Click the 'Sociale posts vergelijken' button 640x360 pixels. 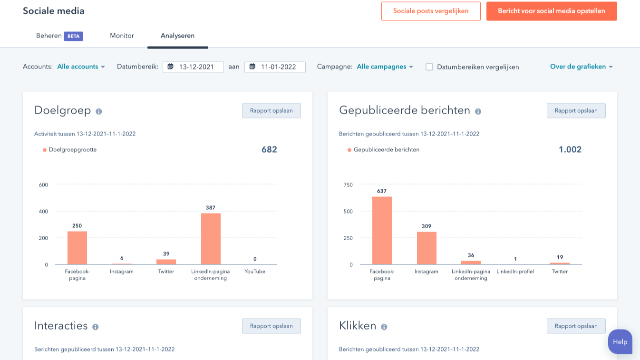[x=431, y=11]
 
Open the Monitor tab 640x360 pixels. [x=122, y=36]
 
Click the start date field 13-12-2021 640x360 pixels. [x=193, y=67]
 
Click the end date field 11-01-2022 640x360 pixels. [x=275, y=67]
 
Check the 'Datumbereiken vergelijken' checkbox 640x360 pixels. [x=429, y=67]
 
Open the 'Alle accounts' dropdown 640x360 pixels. [x=81, y=67]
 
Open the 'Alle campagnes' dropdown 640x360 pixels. [x=385, y=67]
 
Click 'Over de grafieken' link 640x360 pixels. [x=581, y=67]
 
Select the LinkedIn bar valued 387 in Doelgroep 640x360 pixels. [x=211, y=239]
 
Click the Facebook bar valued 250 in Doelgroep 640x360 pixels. [x=77, y=248]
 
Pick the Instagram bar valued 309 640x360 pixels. [x=427, y=248]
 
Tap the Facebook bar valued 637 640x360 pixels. [x=382, y=231]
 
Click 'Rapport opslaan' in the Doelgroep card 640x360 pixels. [x=271, y=110]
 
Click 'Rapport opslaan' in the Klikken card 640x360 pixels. [x=576, y=326]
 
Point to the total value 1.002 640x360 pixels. [x=570, y=149]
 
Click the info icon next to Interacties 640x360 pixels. [x=96, y=327]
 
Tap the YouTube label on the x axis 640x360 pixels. [x=255, y=272]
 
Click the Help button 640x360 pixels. [x=620, y=341]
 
